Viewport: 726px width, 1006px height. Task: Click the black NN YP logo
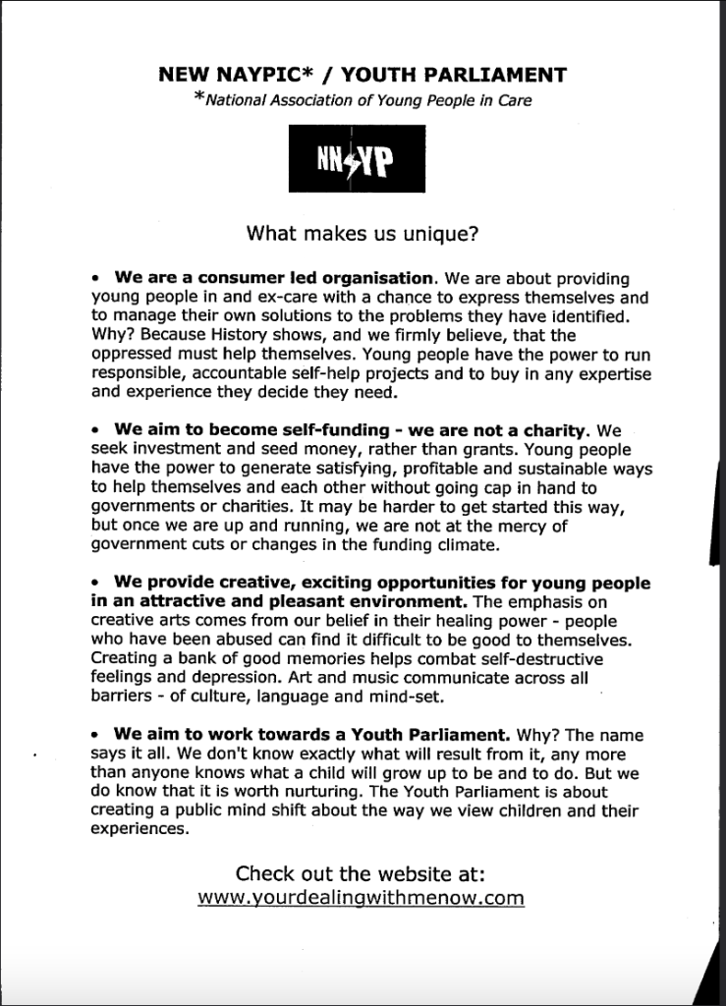357,157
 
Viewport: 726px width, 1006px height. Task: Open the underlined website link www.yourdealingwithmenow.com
362,898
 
